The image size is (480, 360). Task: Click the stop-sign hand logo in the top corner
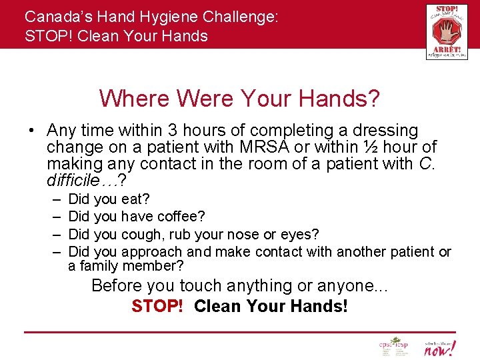click(447, 31)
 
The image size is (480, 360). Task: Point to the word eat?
click(136, 199)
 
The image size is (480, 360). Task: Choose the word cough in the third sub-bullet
click(143, 235)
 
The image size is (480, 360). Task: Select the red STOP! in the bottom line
click(157, 307)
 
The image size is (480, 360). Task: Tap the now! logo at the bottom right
click(441, 347)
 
